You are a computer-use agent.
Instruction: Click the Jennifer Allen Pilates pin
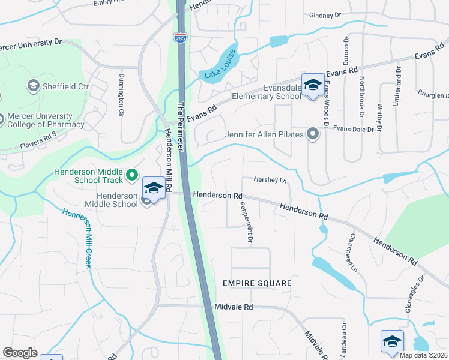point(312,133)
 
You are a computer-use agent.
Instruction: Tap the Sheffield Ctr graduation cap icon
point(33,86)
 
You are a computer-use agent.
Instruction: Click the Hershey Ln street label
point(270,180)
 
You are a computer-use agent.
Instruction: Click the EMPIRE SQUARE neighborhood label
point(256,283)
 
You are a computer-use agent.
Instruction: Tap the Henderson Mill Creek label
point(78,238)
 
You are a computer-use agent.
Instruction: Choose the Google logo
point(20,352)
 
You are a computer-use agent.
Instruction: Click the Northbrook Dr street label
point(362,95)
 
